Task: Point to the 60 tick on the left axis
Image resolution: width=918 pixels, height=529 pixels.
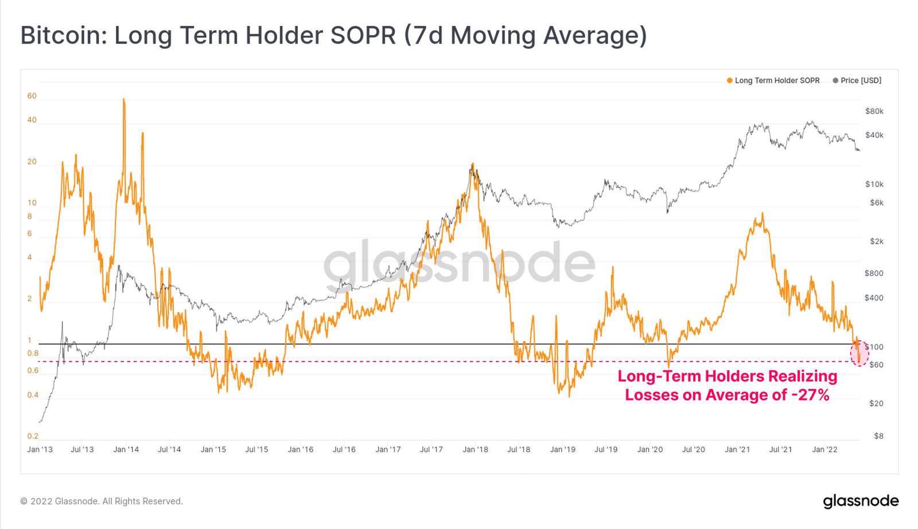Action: click(x=32, y=96)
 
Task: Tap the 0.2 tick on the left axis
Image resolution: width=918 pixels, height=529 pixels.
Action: click(x=33, y=437)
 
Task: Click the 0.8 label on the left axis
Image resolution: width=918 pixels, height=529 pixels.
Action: click(x=33, y=353)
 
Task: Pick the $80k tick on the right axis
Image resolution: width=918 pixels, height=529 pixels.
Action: click(x=874, y=111)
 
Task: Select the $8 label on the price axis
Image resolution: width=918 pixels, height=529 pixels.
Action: click(x=878, y=436)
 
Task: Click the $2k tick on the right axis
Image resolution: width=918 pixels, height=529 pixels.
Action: click(x=877, y=242)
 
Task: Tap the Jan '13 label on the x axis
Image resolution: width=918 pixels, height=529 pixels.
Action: click(x=40, y=450)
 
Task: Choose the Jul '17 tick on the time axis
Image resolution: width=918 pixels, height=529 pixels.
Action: click(x=431, y=450)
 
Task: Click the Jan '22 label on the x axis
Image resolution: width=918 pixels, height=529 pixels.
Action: click(x=824, y=450)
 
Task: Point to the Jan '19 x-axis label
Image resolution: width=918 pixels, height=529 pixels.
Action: click(x=562, y=450)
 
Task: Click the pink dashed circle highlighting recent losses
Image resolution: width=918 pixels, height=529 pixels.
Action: click(x=859, y=353)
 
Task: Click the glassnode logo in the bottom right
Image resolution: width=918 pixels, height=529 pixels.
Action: click(x=861, y=501)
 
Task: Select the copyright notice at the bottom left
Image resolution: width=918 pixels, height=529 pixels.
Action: click(x=102, y=501)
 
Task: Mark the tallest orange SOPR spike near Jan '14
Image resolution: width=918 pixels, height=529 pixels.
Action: click(x=124, y=101)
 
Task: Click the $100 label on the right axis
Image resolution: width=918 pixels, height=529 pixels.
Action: click(x=874, y=347)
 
